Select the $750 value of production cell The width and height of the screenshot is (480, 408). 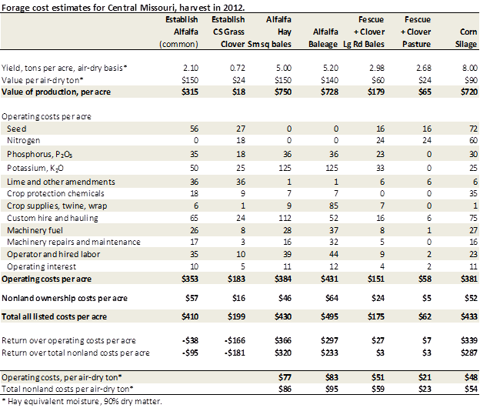coord(282,92)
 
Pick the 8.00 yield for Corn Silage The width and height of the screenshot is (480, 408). coord(467,69)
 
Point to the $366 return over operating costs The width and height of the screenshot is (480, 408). coord(282,339)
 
